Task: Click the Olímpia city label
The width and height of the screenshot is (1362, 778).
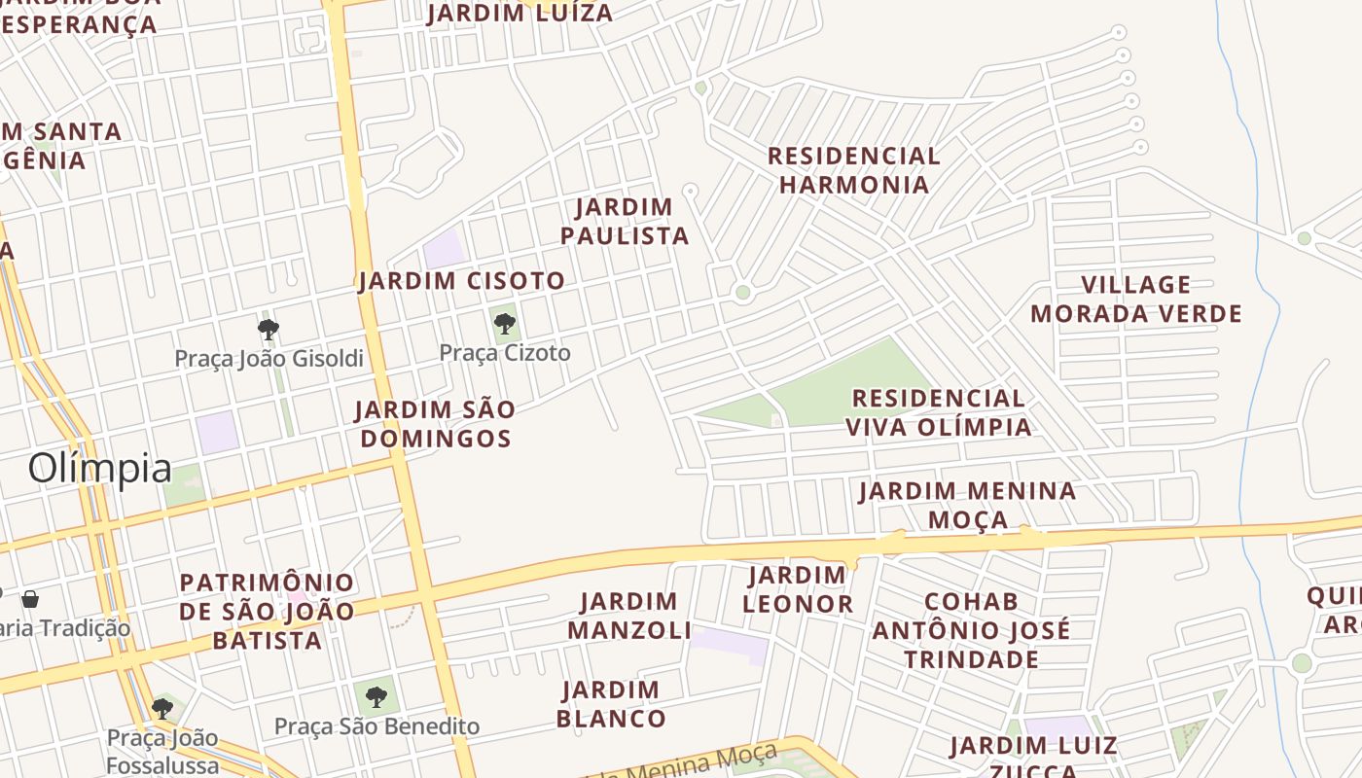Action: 99,468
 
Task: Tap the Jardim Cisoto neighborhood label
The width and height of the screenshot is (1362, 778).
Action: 461,281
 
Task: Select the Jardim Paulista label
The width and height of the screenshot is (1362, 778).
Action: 625,221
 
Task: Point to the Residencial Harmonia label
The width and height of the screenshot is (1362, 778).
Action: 854,170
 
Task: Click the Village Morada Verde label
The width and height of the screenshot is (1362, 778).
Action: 1136,300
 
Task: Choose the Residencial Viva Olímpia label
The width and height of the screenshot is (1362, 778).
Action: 939,412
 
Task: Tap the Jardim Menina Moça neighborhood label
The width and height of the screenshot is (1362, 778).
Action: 968,505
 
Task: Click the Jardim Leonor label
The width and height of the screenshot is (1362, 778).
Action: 798,589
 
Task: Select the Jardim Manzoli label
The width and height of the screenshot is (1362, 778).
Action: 629,616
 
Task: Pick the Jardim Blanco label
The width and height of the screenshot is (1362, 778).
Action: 611,705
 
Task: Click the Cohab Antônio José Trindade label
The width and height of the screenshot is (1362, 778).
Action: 971,630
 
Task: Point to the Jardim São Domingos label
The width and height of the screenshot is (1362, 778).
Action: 435,424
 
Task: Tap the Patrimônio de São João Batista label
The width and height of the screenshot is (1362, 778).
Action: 268,612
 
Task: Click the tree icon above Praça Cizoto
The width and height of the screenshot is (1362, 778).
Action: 504,323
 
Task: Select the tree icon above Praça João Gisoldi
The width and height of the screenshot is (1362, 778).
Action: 269,329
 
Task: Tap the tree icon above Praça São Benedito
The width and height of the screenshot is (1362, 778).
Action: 376,696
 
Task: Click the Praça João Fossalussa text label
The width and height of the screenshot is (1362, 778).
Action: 163,751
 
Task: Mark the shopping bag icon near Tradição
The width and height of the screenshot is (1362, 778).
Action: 30,598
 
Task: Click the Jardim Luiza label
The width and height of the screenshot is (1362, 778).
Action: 520,13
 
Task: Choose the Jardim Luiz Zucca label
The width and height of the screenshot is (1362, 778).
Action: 1033,759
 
